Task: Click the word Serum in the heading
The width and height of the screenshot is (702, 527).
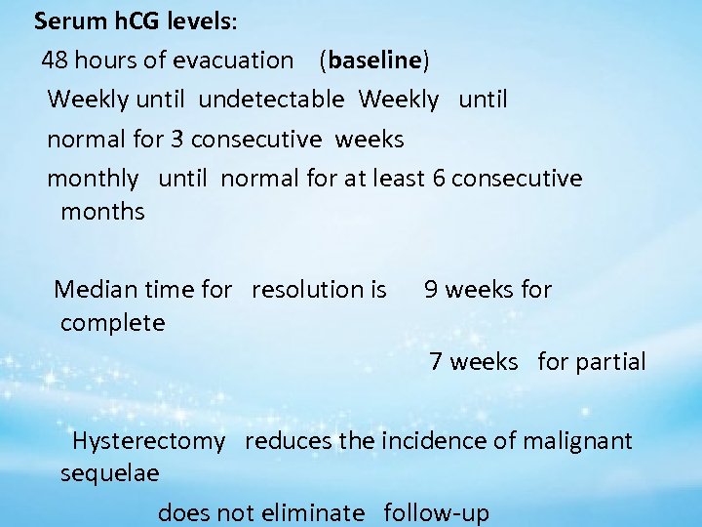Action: (64, 20)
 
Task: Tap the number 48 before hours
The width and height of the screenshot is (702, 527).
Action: (54, 61)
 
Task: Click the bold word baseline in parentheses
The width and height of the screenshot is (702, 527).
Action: (374, 61)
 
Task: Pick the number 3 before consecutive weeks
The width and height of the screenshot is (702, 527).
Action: (176, 139)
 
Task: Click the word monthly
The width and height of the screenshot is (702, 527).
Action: (93, 179)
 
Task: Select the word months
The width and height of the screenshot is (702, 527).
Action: (102, 211)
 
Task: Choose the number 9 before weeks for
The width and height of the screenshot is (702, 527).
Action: (432, 289)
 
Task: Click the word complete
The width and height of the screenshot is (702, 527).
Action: (112, 322)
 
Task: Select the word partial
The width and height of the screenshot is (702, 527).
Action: (609, 362)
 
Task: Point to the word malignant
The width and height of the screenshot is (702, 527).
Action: (577, 441)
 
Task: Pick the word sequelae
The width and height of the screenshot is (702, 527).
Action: (110, 473)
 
